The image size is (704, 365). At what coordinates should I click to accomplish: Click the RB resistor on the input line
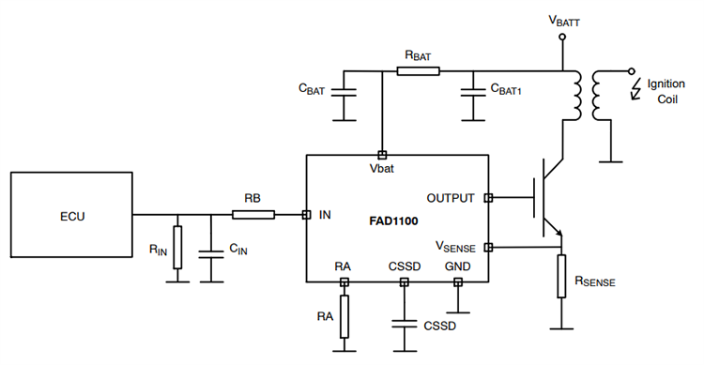click(x=253, y=215)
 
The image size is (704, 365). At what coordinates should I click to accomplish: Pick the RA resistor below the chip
click(x=344, y=316)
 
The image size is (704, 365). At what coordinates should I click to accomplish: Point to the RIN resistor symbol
click(x=176, y=247)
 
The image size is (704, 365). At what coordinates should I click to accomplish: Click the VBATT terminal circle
click(x=561, y=38)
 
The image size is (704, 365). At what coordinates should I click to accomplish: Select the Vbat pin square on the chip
click(x=381, y=155)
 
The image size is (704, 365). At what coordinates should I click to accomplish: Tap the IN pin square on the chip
click(x=306, y=215)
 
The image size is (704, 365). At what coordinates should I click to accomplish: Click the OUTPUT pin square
click(x=487, y=198)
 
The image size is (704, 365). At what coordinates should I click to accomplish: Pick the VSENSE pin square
click(x=487, y=248)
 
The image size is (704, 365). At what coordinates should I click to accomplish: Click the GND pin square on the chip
click(x=458, y=281)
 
